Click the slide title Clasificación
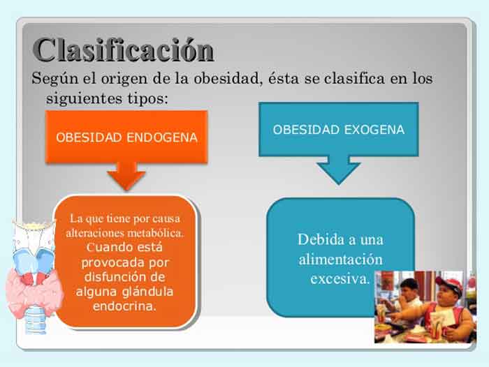pos(123,50)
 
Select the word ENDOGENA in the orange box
pos(163,137)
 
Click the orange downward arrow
pos(126,174)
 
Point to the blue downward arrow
pos(338,169)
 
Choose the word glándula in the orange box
pos(150,291)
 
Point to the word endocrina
pos(125,306)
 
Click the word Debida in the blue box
pos(321,239)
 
